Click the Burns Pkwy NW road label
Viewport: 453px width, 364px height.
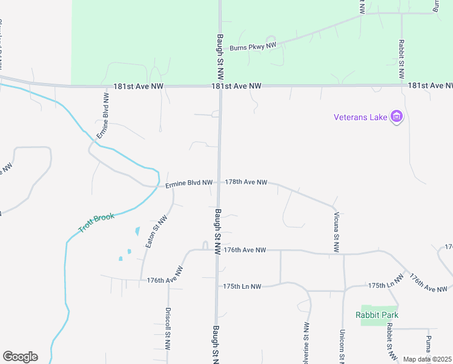tap(253, 45)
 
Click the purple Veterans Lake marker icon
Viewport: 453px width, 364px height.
tap(397, 116)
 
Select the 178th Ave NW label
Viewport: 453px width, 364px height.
tap(246, 182)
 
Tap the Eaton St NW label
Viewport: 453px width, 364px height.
tap(156, 231)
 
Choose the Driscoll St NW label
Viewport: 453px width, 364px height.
tap(168, 328)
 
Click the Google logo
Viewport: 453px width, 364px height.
tap(20, 357)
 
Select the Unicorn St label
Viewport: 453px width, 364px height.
tap(342, 346)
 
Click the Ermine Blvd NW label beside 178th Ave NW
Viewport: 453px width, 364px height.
tap(189, 183)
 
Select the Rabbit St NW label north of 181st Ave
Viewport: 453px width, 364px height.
tap(401, 59)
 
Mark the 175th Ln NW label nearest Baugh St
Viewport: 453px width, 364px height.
tap(242, 286)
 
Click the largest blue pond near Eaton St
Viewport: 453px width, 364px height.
tap(137, 231)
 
